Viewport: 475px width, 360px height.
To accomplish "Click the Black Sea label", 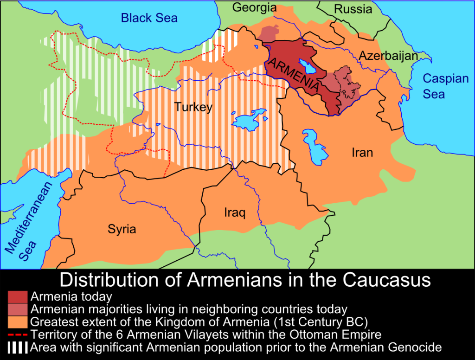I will [x=149, y=18].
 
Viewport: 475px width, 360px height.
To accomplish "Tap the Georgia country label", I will [x=254, y=7].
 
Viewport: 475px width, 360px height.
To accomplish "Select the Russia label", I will [x=353, y=9].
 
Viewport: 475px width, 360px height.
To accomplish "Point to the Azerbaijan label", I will [x=388, y=56].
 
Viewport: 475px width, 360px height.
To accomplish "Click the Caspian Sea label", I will [x=445, y=86].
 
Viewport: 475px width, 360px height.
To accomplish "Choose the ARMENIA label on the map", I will [x=294, y=74].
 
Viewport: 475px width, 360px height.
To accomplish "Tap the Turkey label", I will [x=193, y=107].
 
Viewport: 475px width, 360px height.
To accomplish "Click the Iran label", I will [x=362, y=152].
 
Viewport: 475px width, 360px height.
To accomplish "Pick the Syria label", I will [x=122, y=229].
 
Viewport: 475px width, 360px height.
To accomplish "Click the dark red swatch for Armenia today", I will [x=18, y=296].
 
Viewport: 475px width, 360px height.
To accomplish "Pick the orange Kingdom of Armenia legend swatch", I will [x=18, y=321].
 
